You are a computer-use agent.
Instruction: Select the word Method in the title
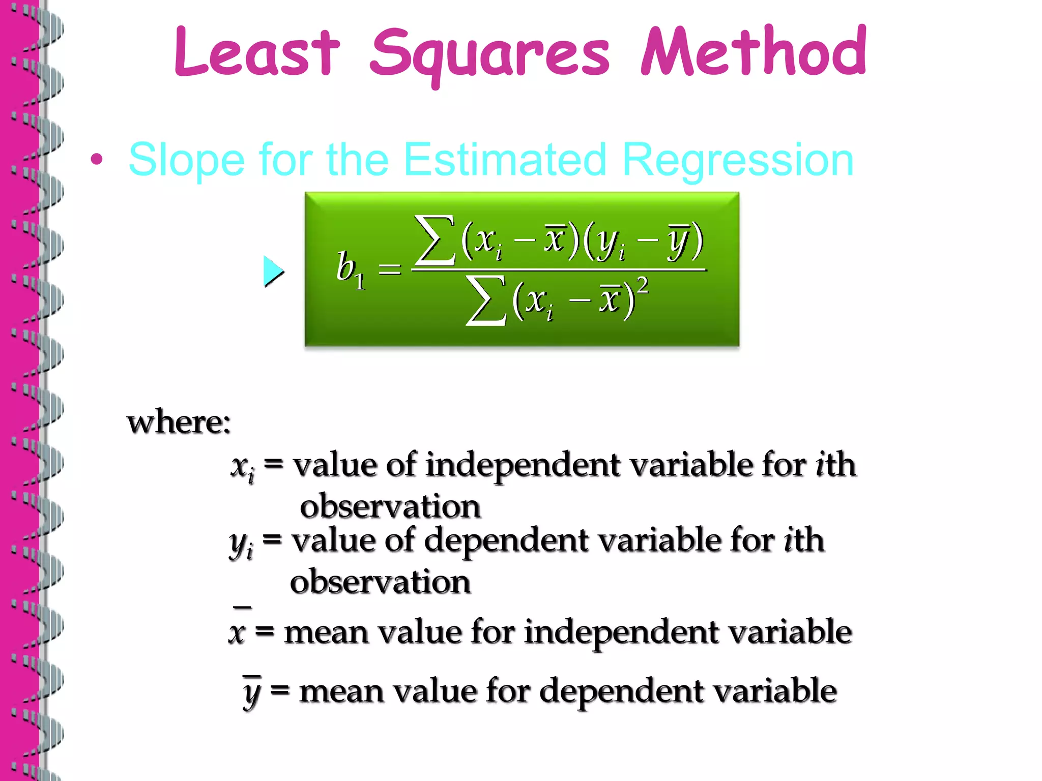tap(754, 51)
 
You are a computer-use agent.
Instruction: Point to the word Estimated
tap(505, 160)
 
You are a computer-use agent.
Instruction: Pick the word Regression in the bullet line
tap(738, 161)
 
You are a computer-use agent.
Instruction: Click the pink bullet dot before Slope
tap(97, 160)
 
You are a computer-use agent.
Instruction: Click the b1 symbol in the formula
tap(350, 268)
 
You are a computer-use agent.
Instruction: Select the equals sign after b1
tap(390, 269)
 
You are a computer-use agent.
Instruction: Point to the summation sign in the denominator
tap(486, 301)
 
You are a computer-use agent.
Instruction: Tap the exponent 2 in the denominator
tap(643, 286)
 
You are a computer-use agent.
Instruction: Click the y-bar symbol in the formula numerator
tap(678, 240)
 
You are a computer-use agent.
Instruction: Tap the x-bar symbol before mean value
tap(238, 629)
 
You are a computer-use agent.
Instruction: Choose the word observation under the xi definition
tap(390, 507)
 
